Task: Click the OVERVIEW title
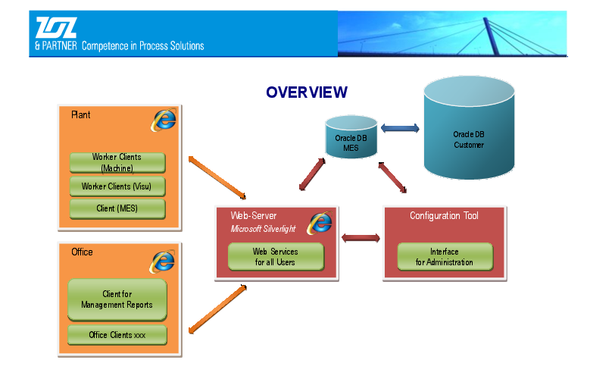click(307, 92)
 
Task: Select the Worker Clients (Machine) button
click(117, 163)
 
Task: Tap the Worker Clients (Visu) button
click(117, 186)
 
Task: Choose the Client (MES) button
click(117, 208)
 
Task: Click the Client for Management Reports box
click(117, 299)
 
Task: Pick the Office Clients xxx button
click(117, 334)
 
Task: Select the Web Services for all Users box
click(276, 257)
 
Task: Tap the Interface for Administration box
click(445, 257)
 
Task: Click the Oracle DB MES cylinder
click(351, 136)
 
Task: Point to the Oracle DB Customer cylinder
click(469, 127)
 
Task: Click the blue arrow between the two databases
click(400, 128)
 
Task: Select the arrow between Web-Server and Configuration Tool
click(361, 238)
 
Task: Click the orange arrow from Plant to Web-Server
click(217, 177)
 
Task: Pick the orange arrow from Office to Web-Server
click(217, 309)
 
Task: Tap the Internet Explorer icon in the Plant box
click(164, 120)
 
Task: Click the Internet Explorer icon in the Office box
click(162, 261)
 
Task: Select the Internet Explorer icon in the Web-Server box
click(320, 223)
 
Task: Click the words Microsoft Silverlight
click(263, 229)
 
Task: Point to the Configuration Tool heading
click(444, 216)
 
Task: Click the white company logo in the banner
click(56, 27)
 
